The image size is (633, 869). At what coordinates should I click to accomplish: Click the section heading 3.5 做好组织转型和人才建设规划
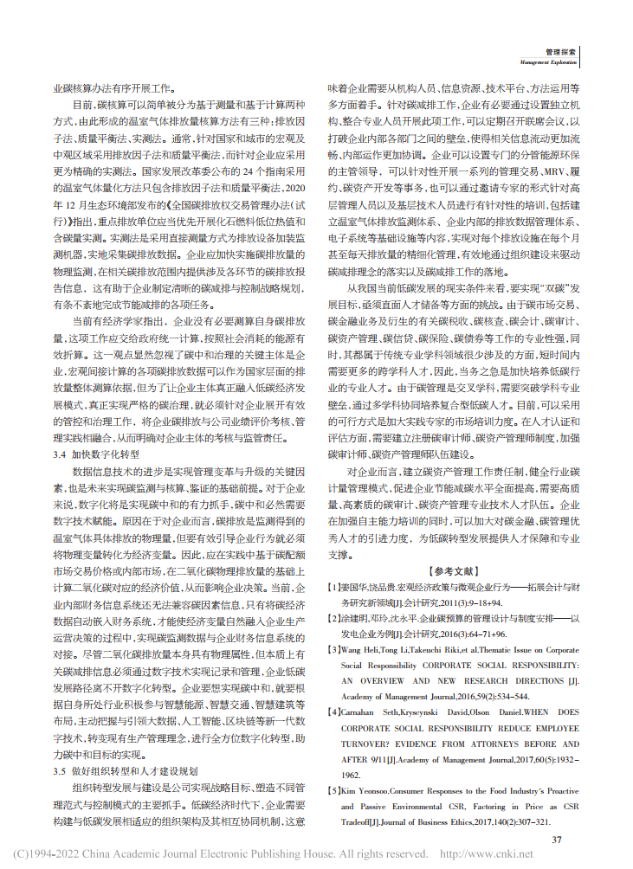pyautogui.click(x=126, y=769)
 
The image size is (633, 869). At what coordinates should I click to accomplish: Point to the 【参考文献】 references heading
pyautogui.click(x=452, y=572)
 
